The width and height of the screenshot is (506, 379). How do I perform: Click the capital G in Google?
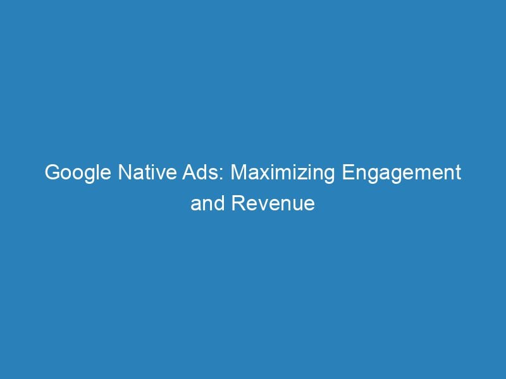point(51,173)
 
